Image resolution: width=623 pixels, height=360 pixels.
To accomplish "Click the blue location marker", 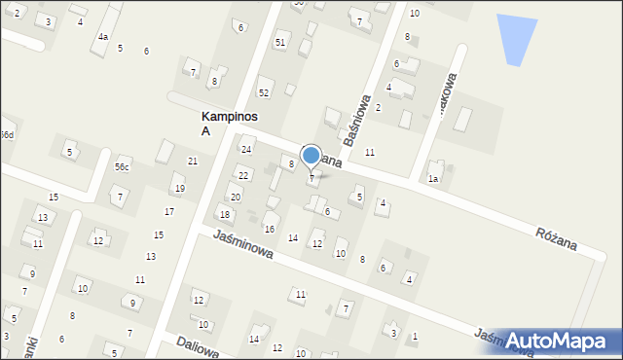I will tap(311, 156).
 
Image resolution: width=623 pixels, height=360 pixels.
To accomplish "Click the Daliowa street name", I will tap(199, 344).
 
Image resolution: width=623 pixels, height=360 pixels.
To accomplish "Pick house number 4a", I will tap(102, 37).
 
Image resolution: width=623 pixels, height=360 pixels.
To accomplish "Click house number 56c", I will tap(122, 167).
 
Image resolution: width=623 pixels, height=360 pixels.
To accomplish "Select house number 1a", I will tap(433, 179).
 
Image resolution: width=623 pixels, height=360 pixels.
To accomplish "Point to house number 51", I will tap(280, 42).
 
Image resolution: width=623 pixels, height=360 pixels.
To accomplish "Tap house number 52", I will tap(263, 92).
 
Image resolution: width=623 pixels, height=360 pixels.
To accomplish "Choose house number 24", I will tap(246, 149).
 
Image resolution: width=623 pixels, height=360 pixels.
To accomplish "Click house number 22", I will tap(243, 175).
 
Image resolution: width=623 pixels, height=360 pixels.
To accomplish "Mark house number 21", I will tap(193, 161).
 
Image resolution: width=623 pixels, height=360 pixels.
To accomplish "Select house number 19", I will tap(178, 188).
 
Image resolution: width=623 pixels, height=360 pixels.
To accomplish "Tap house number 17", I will tap(169, 211).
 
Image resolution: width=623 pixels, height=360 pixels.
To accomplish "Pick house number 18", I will tap(225, 214).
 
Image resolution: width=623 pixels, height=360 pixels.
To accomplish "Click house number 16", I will tap(269, 229).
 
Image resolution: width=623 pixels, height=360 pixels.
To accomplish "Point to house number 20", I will tap(235, 197).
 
